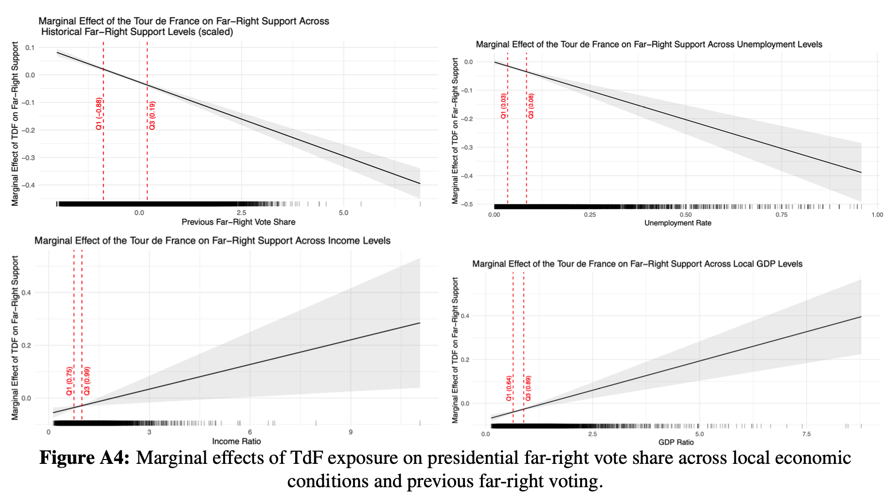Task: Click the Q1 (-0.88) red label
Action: [x=99, y=114]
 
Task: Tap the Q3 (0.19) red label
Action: [x=152, y=116]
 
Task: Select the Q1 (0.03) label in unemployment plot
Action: [x=503, y=106]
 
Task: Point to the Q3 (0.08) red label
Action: [x=531, y=106]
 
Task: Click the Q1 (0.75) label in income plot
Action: [x=70, y=381]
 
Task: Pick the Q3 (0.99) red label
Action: [x=87, y=381]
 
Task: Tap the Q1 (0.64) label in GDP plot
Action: [x=509, y=388]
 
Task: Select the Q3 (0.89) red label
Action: [x=528, y=388]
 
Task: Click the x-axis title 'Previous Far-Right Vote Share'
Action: [x=238, y=222]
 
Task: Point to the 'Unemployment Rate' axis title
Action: [x=677, y=223]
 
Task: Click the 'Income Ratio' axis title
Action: [x=236, y=441]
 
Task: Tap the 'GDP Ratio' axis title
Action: [x=676, y=442]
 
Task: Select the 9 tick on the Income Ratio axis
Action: [x=351, y=432]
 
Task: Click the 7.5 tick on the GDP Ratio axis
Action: [x=806, y=434]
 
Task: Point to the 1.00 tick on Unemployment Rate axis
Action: [x=877, y=215]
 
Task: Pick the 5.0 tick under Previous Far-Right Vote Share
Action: [x=343, y=213]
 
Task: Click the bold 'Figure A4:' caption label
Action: [x=84, y=458]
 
